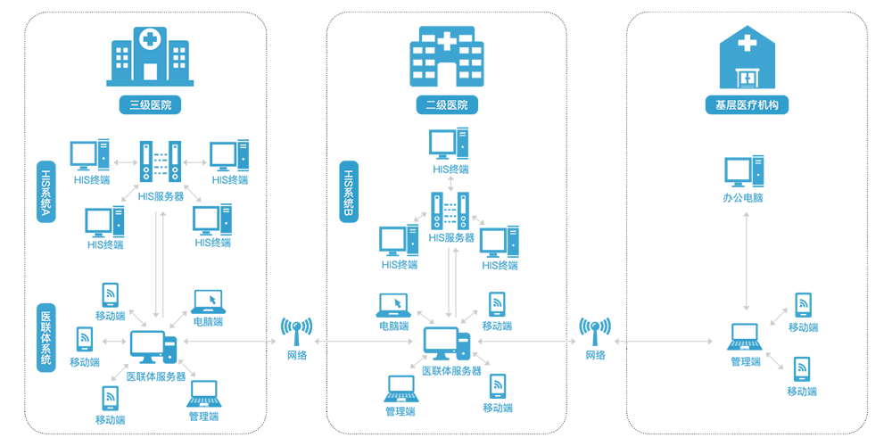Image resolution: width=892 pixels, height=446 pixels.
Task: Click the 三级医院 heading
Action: pos(150,105)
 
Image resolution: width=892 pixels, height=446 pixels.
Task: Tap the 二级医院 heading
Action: pos(446,105)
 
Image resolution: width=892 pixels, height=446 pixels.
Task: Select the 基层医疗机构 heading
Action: pos(747,105)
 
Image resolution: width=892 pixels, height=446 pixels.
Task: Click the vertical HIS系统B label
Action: pos(349,189)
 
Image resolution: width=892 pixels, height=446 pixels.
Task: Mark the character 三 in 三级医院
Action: pos(134,105)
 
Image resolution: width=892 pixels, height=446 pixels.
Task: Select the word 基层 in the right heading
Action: pos(725,105)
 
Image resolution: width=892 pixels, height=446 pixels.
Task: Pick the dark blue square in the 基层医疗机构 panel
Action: pos(739,334)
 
